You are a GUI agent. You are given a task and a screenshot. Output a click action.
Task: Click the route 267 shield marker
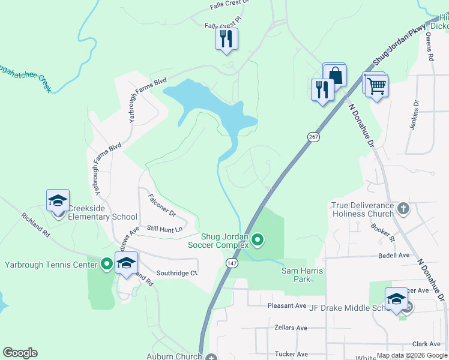pos(314,137)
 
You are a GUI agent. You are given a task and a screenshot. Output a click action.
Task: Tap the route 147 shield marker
pos(232,263)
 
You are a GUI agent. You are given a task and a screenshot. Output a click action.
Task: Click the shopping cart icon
pos(376,85)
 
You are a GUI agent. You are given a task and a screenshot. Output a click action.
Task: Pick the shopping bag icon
pos(336,76)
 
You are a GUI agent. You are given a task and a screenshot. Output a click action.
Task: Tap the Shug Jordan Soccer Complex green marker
pos(258,240)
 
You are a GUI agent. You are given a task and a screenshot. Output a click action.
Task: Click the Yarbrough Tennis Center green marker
pos(107,263)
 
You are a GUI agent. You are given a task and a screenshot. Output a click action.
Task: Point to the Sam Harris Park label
pos(303,275)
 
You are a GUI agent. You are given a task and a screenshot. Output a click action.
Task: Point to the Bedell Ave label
pos(394,255)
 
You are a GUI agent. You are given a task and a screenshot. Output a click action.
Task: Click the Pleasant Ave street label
pos(286,305)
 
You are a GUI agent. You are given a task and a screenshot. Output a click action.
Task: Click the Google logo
pos(20,353)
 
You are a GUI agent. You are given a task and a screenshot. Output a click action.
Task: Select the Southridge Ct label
pos(176,273)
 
